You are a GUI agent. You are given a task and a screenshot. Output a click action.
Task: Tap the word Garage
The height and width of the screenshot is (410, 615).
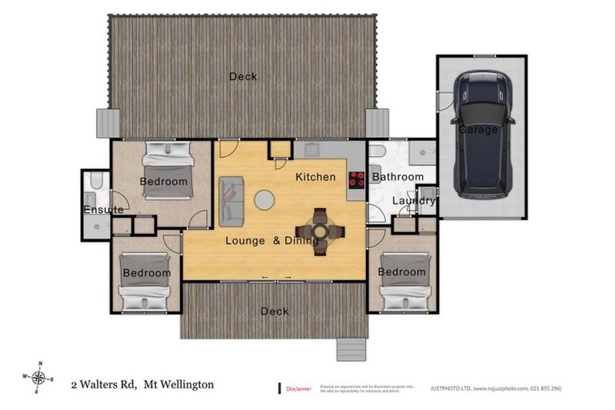pos(478,130)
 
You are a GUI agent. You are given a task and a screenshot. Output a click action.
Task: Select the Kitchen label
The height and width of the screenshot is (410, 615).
pos(316,176)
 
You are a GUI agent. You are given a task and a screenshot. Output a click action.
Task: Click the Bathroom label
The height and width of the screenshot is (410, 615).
pos(398,176)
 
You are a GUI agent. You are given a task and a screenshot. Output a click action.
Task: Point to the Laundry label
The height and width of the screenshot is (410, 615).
pos(413,201)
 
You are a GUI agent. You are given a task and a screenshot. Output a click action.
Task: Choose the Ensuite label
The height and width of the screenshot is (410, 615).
pos(103,210)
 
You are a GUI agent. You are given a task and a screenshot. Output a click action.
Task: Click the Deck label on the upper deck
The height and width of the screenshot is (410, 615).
pos(243,77)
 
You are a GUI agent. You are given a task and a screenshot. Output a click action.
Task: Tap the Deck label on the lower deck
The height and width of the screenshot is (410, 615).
pos(275,312)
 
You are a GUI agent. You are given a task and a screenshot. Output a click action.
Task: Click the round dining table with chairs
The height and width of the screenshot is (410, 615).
pos(320,231)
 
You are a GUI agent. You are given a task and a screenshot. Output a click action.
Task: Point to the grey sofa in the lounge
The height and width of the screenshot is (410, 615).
pos(231,199)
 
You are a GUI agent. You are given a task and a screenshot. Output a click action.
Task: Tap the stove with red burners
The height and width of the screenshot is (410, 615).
pos(356,179)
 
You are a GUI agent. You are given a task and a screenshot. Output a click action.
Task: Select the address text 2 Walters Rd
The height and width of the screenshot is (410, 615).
pos(103,385)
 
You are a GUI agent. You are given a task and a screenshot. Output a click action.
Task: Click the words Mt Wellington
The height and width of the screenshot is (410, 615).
pos(179,385)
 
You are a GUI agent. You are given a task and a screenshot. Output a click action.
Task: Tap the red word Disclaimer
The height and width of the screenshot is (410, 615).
pos(299,389)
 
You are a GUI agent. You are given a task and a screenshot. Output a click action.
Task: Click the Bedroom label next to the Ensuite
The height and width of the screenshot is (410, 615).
pos(163,182)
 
